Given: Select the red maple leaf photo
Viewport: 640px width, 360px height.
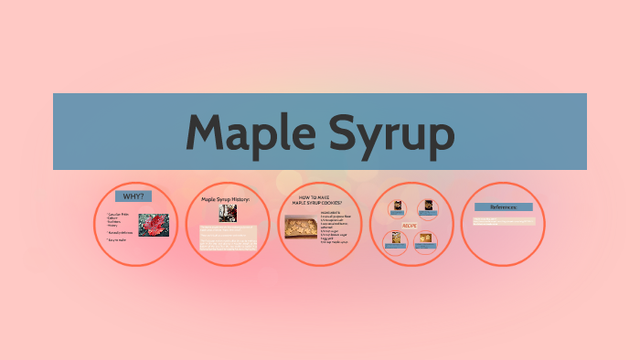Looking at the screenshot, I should pos(153,226).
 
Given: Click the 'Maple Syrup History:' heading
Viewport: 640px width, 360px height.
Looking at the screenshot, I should pos(225,198).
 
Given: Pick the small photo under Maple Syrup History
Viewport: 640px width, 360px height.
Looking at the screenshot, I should pos(228,213).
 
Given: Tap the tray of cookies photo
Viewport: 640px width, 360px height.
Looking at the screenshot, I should pos(300,228).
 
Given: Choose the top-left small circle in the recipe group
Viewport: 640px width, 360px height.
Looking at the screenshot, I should pos(397,207).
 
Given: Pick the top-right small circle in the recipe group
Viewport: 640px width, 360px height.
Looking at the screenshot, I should pos(426,207).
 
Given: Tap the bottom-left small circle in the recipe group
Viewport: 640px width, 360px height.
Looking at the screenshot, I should pos(396,240).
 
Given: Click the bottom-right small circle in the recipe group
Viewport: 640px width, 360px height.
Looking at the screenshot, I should pos(425,240).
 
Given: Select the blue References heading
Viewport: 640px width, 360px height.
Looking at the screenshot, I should pos(503,207).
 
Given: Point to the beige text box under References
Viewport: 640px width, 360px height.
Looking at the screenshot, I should pos(503,221).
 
